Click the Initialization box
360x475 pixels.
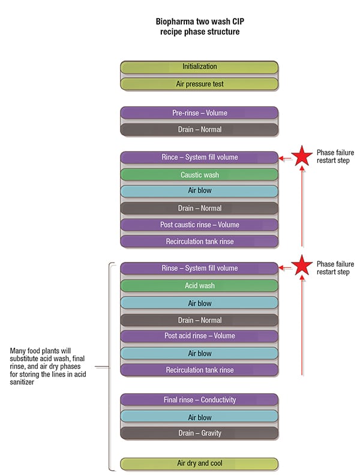tap(199, 67)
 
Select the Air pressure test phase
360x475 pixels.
tap(199, 84)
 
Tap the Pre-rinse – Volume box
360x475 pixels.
tap(199, 112)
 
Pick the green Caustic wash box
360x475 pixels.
tap(199, 175)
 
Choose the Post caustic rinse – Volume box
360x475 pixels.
tap(199, 225)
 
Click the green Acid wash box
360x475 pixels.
tap(199, 286)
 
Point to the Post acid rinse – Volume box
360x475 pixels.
tap(199, 336)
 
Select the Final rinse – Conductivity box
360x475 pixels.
tap(199, 400)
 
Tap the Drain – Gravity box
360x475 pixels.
tap(199, 433)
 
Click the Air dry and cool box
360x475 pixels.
tap(199, 464)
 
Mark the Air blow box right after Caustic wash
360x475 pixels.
tap(199, 192)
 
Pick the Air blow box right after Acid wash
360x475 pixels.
tap(199, 303)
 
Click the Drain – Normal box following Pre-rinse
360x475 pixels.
tap(199, 129)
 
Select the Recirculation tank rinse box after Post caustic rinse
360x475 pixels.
tap(199, 241)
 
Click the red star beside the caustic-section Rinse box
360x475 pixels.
tap(302, 157)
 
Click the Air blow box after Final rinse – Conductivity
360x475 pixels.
tap(199, 417)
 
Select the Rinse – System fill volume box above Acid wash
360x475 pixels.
tap(199, 268)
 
